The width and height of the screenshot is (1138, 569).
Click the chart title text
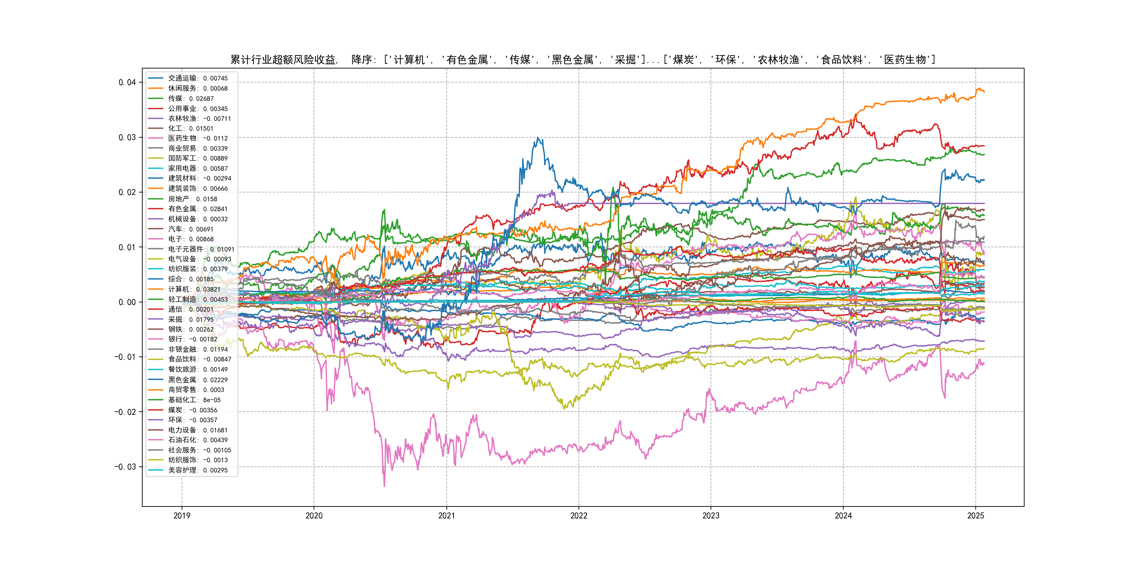(582, 60)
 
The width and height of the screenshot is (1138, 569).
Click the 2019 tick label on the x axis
(182, 516)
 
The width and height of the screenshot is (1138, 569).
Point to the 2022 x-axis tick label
(579, 516)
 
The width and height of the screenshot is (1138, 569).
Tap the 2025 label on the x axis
(975, 516)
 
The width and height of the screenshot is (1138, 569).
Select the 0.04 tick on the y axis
(127, 82)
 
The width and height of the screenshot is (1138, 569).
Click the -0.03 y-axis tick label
(125, 467)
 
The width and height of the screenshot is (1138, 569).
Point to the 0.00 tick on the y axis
(127, 302)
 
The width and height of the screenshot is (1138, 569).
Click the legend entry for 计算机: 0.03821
(194, 289)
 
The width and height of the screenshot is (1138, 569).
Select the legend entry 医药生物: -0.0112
(197, 138)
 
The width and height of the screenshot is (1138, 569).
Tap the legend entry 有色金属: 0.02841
(197, 209)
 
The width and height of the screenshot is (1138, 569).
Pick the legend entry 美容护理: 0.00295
(197, 470)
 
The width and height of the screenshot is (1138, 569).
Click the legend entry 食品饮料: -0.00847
(199, 359)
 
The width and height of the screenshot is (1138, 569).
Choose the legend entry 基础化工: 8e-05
(194, 400)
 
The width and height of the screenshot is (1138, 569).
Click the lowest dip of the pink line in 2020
(384, 486)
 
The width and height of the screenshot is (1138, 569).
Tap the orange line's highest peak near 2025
(978, 89)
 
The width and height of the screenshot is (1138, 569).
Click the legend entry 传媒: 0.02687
(190, 98)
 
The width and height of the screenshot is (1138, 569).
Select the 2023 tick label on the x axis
(711, 516)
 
